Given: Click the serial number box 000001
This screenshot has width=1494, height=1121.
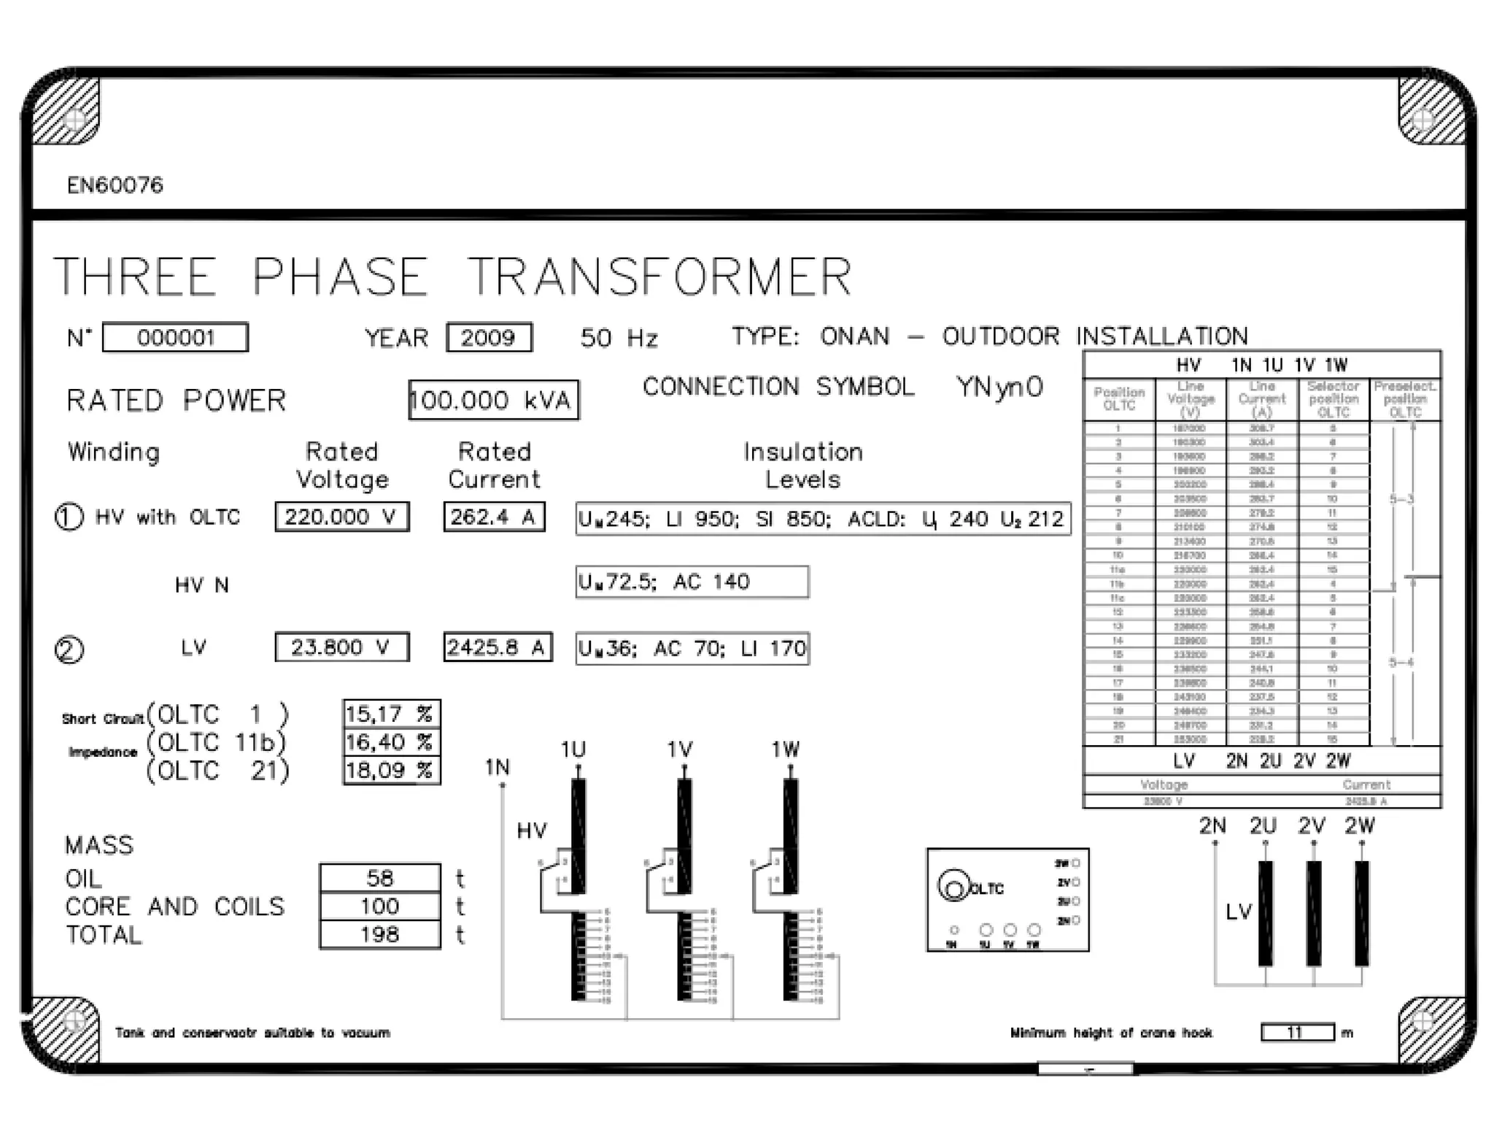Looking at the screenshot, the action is click(175, 337).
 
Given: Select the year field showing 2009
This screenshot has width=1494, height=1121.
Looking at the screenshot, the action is click(489, 337).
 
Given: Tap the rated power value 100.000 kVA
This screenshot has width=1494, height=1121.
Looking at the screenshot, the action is click(493, 400).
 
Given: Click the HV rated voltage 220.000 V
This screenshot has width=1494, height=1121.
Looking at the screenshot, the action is click(341, 517).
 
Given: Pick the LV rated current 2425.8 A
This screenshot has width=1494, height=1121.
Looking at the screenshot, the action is click(497, 647).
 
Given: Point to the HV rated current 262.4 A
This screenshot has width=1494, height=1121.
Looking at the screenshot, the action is click(494, 517).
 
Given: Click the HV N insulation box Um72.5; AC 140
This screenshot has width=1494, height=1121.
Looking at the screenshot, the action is click(692, 582).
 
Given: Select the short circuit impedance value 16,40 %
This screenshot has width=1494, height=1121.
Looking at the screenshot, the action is click(391, 742).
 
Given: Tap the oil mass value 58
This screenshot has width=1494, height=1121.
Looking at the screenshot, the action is click(379, 877).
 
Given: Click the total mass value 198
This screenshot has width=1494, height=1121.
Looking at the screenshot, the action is click(379, 934).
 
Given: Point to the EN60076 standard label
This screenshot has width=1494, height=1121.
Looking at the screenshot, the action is click(115, 185).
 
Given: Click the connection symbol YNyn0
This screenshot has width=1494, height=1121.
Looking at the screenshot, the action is click(999, 387).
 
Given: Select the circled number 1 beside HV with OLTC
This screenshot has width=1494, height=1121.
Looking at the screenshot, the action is click(69, 517).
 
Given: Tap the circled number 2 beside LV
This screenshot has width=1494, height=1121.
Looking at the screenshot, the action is click(69, 650).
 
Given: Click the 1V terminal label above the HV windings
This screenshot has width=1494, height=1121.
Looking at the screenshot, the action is click(680, 750).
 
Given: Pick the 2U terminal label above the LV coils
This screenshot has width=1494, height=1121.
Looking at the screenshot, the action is click(1263, 825).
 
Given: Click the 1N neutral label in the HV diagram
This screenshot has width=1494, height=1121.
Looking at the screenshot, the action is click(498, 767).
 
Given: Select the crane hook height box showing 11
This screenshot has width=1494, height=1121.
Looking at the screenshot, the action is click(1297, 1033).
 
